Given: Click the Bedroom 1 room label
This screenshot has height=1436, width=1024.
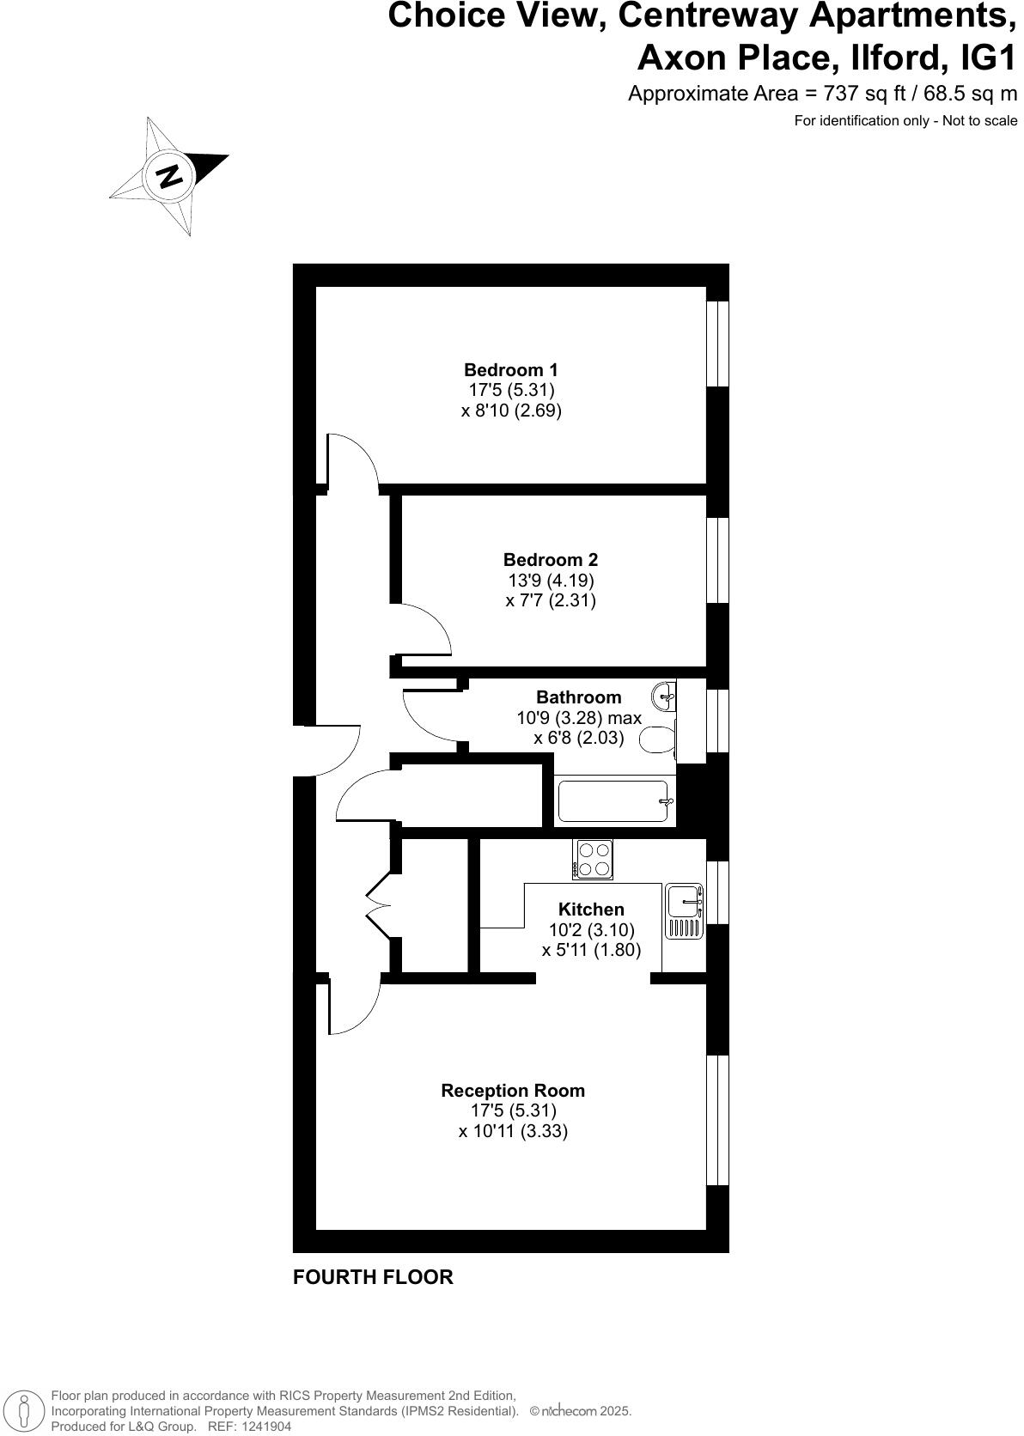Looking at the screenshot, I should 510,370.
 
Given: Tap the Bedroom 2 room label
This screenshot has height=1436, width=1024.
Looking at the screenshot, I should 550,560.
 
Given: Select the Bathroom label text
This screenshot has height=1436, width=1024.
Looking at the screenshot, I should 578,697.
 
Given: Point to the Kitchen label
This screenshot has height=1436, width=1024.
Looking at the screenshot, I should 591,910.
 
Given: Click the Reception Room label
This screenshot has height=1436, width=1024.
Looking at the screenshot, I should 513,1091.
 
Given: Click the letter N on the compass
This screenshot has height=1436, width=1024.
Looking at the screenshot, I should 170,175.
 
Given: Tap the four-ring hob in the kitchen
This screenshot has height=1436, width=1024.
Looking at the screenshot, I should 594,859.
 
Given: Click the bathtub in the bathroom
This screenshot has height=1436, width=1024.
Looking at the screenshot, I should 613,800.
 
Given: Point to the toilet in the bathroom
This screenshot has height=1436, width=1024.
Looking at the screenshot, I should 659,739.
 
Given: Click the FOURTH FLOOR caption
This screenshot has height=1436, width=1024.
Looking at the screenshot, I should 373,1277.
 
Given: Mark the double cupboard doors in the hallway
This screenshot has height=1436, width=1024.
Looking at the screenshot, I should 378,907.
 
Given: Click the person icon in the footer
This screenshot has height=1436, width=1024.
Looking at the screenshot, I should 25,1411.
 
